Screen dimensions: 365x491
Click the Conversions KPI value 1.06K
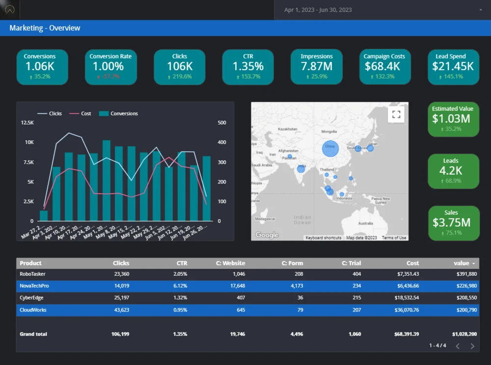40,66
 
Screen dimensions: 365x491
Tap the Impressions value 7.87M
316,66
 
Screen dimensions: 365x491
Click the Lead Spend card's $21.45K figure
453,66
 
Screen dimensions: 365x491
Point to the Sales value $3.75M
451,222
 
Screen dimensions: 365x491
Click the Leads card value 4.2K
451,170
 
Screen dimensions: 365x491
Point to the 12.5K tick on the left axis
27,123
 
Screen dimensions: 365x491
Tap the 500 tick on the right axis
222,123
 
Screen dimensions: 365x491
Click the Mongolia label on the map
329,131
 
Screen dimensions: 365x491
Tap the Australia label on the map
365,223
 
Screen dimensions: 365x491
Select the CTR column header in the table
182,263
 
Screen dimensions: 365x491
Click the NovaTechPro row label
34,286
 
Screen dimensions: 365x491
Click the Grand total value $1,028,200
462,334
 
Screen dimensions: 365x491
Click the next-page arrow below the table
472,346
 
